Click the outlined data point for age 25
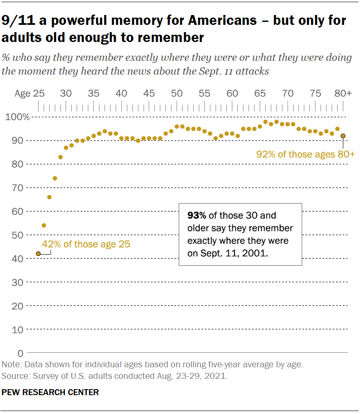(x=38, y=254)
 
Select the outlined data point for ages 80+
(x=343, y=136)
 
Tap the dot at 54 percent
(x=44, y=225)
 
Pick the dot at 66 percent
(x=49, y=197)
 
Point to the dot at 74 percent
(x=55, y=178)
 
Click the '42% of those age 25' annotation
(x=86, y=244)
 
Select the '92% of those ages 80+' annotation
(x=305, y=154)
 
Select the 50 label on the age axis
(x=176, y=93)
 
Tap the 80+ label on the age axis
(x=343, y=93)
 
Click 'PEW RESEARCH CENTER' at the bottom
(x=50, y=392)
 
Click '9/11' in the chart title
(x=18, y=21)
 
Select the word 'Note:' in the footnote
(x=12, y=365)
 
